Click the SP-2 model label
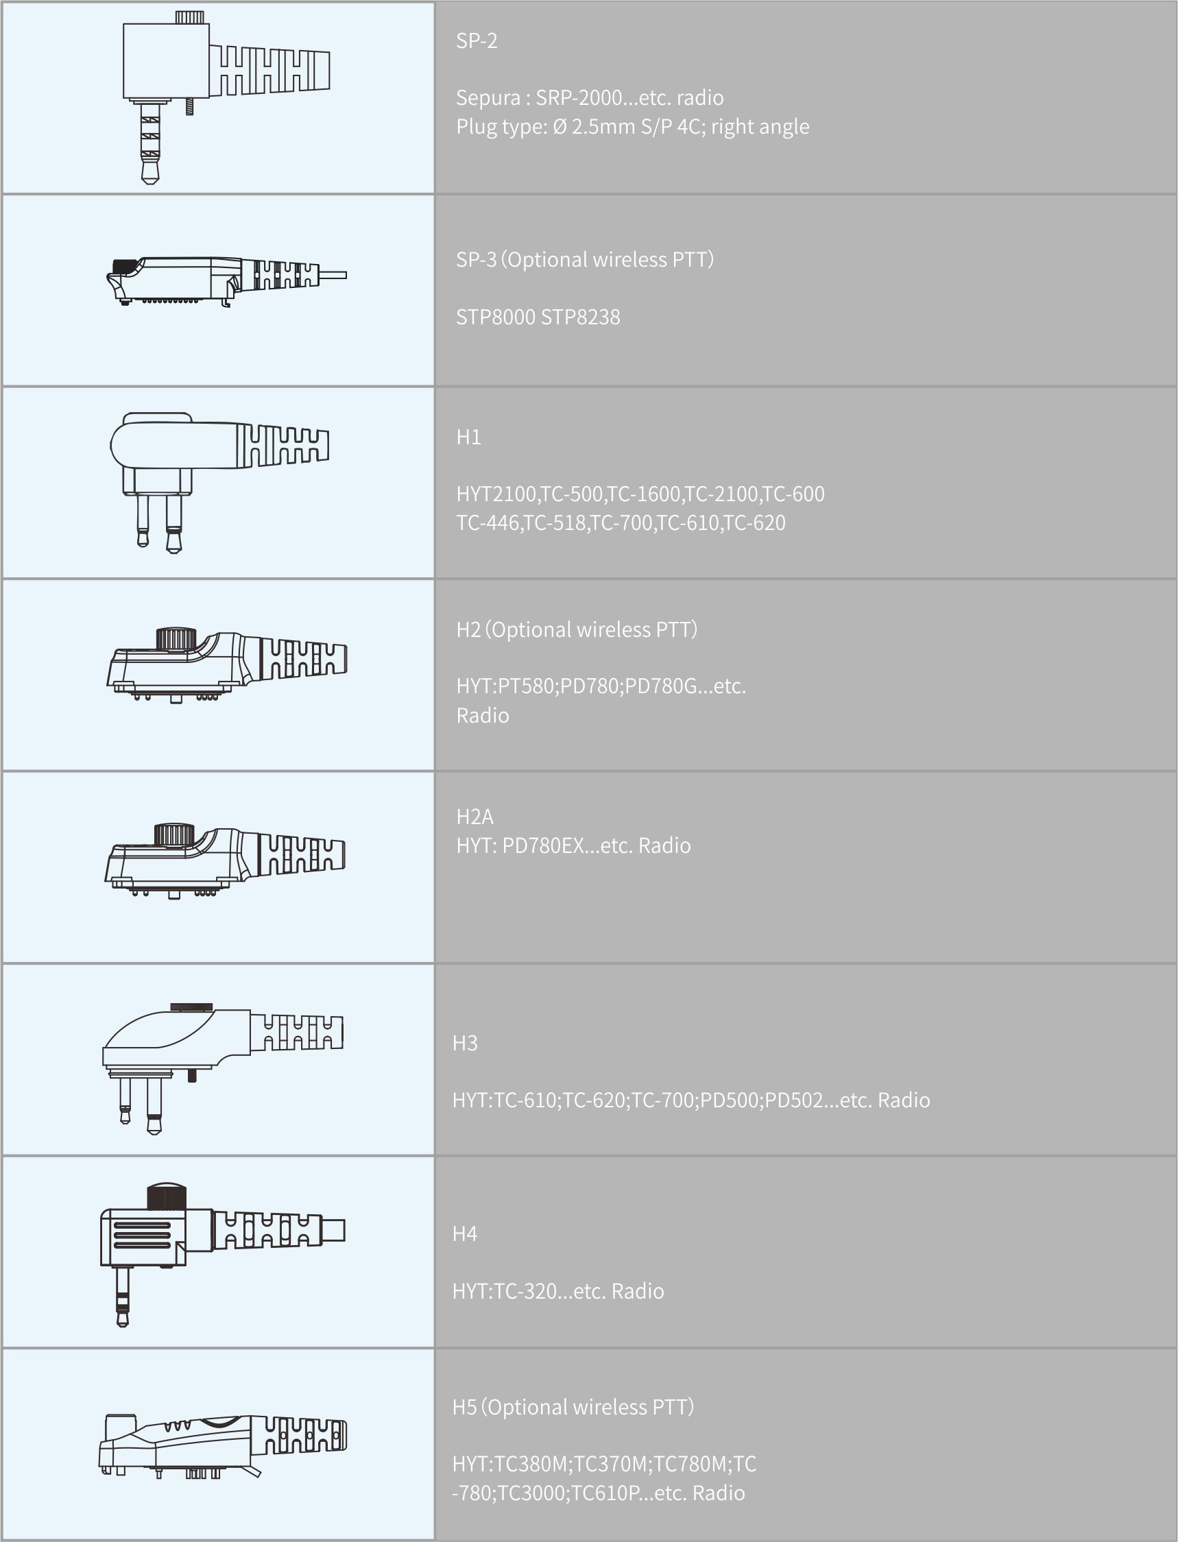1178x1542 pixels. pyautogui.click(x=476, y=40)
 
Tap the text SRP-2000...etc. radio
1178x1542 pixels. pyautogui.click(x=629, y=97)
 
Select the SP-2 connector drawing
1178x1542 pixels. pyautogui.click(x=226, y=97)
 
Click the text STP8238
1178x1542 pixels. pyautogui.click(x=581, y=317)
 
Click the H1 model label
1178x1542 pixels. pyautogui.click(x=468, y=437)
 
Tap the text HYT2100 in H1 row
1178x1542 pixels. pyautogui.click(x=496, y=494)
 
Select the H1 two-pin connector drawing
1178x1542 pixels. pyautogui.click(x=219, y=483)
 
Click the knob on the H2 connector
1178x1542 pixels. pyautogui.click(x=175, y=640)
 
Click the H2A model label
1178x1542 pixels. pyautogui.click(x=474, y=816)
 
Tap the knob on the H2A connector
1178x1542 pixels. pyautogui.click(x=173, y=835)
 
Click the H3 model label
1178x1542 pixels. pyautogui.click(x=465, y=1044)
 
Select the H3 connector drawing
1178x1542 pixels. pyautogui.click(x=223, y=1068)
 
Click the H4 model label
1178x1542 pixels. pyautogui.click(x=465, y=1233)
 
